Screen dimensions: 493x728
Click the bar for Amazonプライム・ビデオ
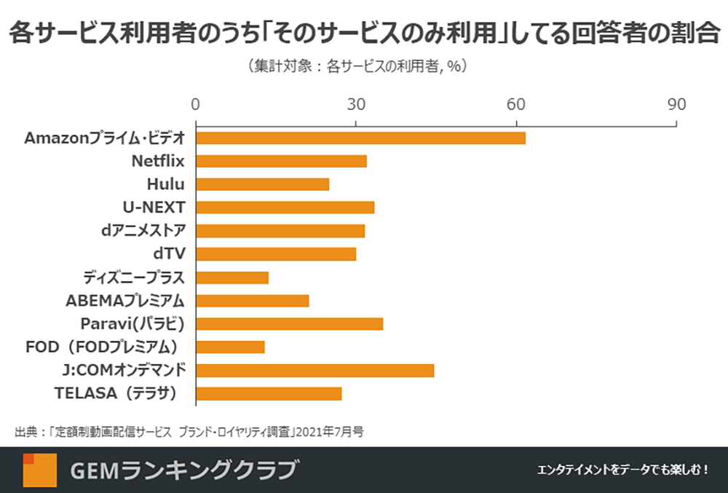[x=360, y=138]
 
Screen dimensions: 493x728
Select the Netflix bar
[x=281, y=161]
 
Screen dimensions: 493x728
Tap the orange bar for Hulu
[x=262, y=184]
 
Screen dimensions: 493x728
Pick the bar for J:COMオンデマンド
[x=314, y=370]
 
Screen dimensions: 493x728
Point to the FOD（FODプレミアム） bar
[x=230, y=347]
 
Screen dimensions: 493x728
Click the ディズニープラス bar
[x=232, y=277]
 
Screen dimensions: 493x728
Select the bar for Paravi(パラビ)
[x=289, y=323]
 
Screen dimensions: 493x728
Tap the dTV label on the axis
[x=170, y=254]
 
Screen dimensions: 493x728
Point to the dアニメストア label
[x=144, y=231]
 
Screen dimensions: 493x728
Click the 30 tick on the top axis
[x=356, y=104]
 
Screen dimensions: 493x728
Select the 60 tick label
[x=516, y=104]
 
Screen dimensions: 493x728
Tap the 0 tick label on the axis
[x=195, y=104]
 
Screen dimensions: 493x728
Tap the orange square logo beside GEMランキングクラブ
[x=39, y=470]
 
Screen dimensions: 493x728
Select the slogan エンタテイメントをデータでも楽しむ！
[x=622, y=470]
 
